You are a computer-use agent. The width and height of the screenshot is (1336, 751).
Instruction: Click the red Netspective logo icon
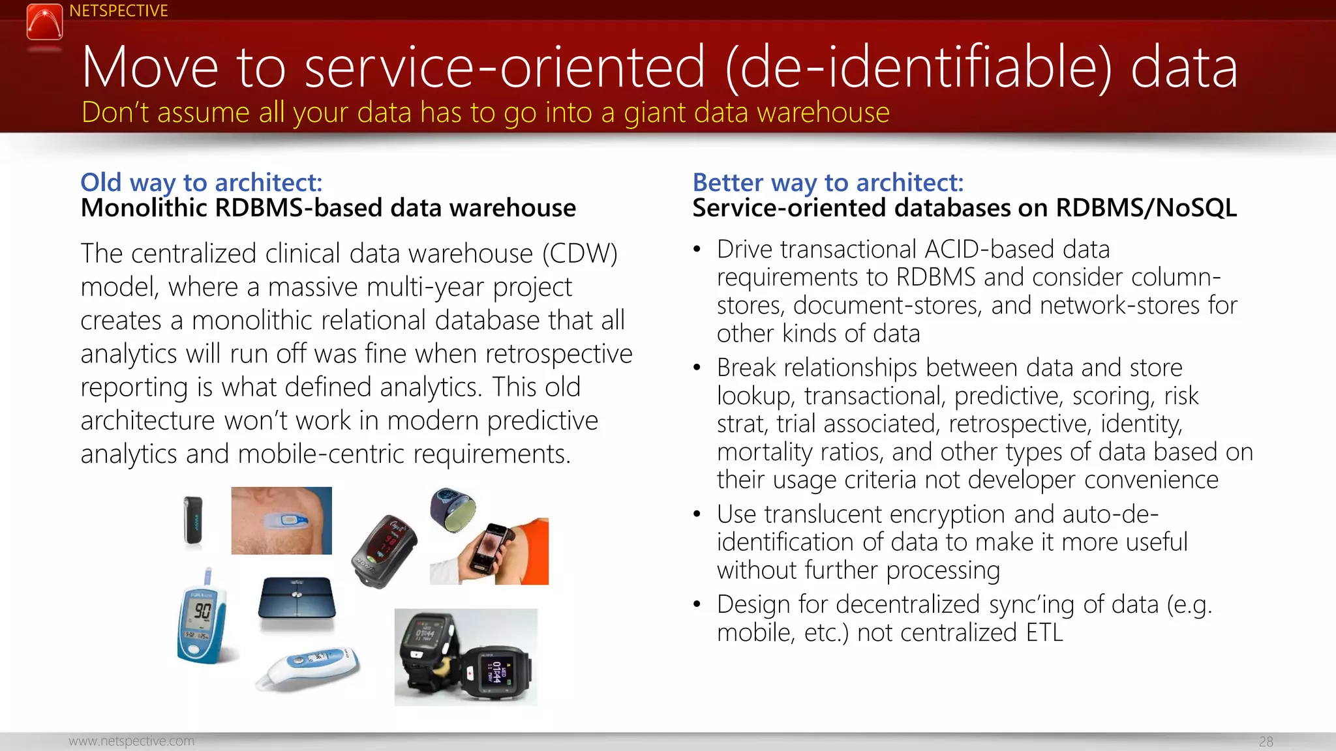coord(44,22)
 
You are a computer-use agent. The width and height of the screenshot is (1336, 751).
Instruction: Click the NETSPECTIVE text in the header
coord(118,10)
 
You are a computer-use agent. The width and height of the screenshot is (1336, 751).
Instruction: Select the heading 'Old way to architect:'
coord(201,183)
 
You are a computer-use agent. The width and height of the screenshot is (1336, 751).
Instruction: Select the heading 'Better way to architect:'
coord(827,183)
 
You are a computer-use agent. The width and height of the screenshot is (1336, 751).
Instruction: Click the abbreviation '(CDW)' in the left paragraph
coord(579,254)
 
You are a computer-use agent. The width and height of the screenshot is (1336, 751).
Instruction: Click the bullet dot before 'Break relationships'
coord(697,368)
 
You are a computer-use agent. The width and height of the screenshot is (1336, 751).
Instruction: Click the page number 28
coord(1266,741)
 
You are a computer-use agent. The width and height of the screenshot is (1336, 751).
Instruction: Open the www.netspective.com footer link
coord(131,741)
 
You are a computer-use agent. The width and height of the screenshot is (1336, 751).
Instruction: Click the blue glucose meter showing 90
coord(202,617)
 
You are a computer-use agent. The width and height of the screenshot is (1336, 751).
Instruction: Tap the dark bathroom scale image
coord(297,598)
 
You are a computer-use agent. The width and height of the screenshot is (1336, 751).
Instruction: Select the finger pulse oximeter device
coord(385,550)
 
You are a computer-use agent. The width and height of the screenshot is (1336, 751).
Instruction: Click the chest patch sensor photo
coord(281,520)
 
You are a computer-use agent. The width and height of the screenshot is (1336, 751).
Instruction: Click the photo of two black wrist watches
coord(466,657)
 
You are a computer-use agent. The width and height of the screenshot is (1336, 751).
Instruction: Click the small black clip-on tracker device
coord(193,520)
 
